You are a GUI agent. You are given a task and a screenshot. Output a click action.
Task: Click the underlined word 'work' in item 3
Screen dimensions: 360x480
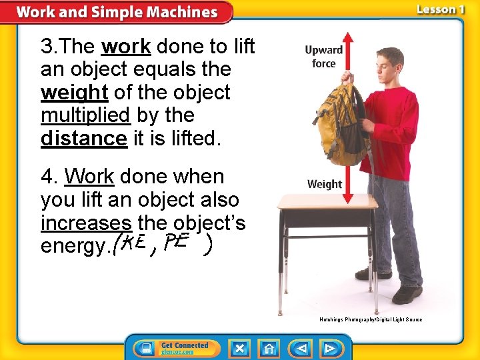[x=126, y=47]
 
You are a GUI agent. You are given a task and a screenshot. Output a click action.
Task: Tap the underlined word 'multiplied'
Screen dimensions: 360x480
[x=85, y=115]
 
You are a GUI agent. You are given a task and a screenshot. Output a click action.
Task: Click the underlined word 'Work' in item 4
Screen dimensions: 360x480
[x=89, y=177]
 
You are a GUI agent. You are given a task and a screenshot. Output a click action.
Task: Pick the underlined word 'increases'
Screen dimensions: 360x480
[x=86, y=223]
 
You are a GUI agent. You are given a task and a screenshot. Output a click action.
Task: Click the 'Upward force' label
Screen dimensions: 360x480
[x=323, y=57]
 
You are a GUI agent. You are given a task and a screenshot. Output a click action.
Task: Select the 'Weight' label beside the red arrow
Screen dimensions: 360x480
[x=325, y=184]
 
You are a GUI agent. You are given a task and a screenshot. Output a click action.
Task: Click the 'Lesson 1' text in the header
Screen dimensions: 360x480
[x=440, y=10]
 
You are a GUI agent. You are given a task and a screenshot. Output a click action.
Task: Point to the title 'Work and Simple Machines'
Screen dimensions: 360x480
[x=117, y=12]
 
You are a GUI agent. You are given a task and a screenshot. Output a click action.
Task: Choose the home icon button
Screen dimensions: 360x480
[x=270, y=348]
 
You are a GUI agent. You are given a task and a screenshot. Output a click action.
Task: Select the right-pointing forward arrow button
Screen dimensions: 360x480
[x=329, y=348]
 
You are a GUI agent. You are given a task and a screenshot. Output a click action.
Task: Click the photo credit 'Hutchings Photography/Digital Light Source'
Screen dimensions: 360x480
[x=371, y=320]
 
